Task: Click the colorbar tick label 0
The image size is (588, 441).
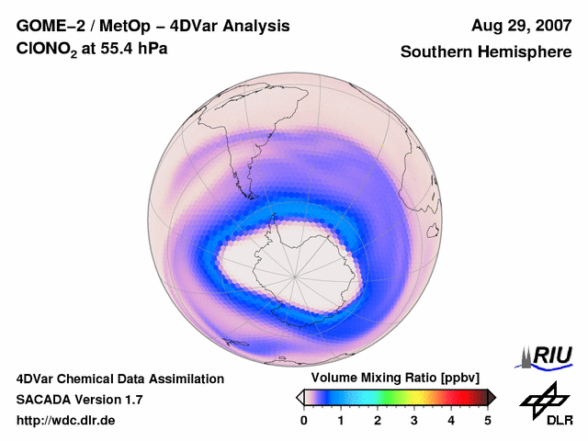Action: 304,420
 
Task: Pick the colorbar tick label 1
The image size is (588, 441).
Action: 341,420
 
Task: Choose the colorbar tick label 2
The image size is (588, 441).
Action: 378,420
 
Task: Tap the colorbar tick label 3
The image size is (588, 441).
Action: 414,420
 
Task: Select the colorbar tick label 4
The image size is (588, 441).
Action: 451,420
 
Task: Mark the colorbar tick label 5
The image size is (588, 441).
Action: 488,420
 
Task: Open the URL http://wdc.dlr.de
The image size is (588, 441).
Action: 66,421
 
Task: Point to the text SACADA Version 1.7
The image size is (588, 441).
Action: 79,400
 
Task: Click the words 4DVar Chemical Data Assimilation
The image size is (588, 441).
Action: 119,379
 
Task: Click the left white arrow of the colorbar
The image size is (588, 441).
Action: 300,397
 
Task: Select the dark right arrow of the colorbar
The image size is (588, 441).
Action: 492,397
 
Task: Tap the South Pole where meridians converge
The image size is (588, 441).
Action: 295,273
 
